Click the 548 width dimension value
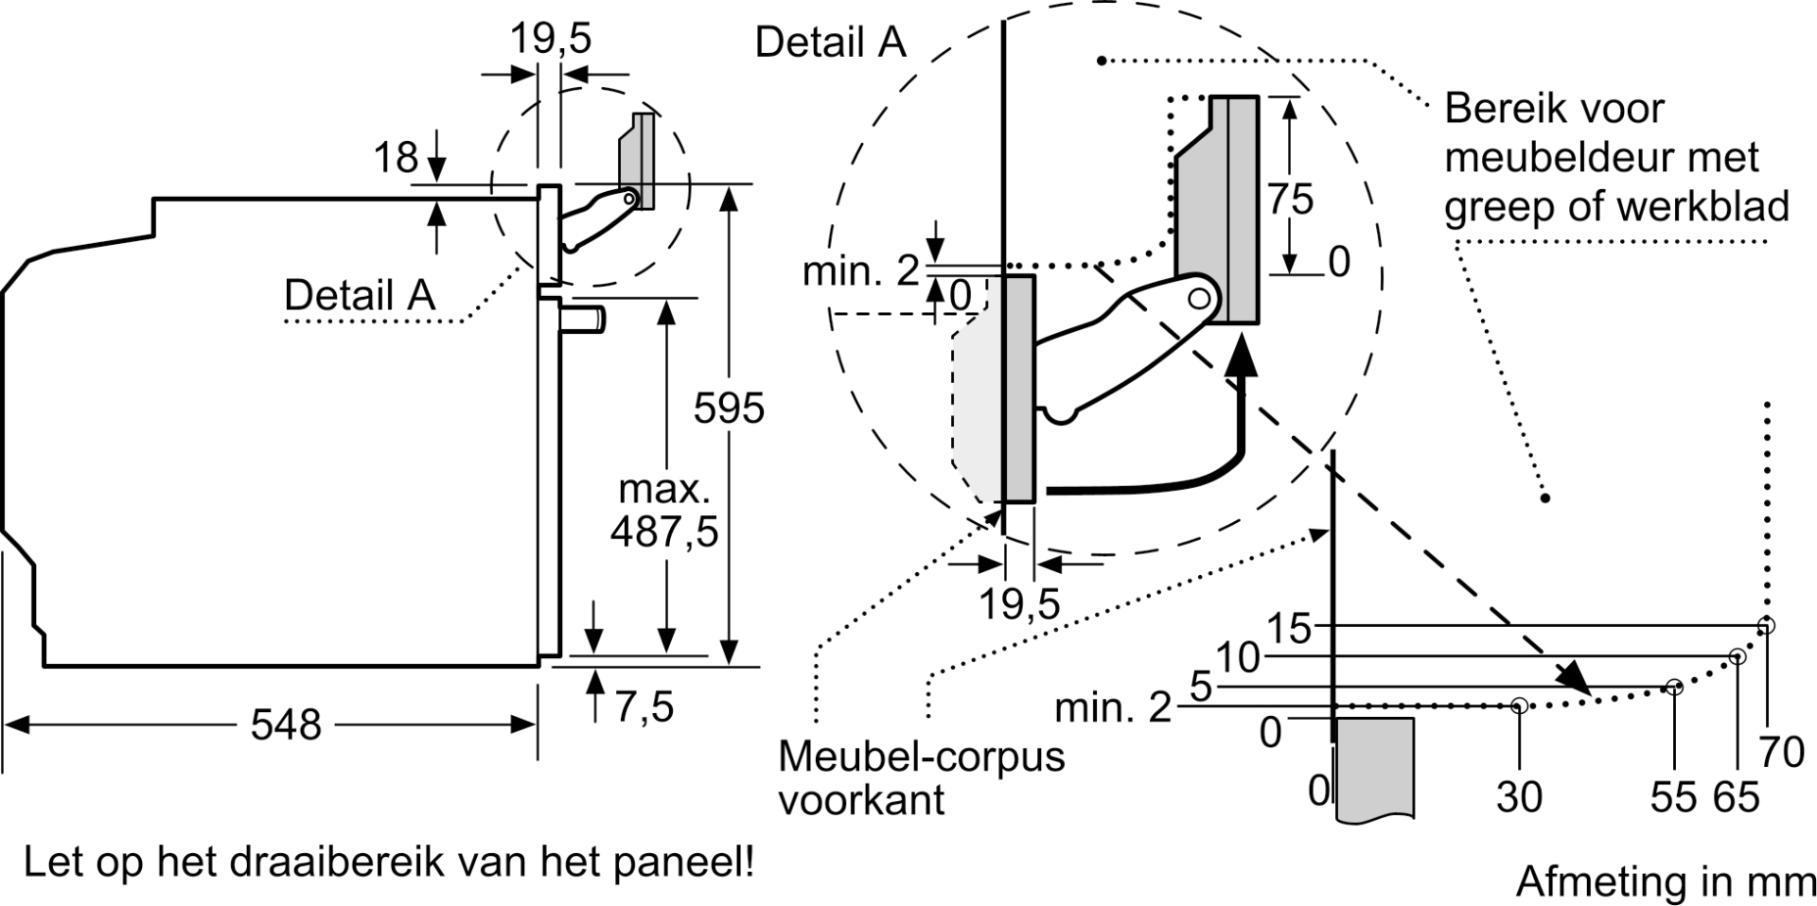click(286, 724)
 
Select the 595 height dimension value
click(729, 409)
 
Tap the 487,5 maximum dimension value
click(664, 533)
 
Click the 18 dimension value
click(396, 158)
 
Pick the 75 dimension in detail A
click(1291, 199)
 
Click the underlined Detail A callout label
click(360, 295)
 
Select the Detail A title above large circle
click(831, 43)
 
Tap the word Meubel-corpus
click(921, 757)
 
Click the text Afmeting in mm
click(1666, 881)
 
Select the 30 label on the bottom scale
click(1519, 797)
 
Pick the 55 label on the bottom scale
click(1673, 797)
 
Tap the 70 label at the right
click(1782, 753)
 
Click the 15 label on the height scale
click(1289, 628)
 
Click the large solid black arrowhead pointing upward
click(1244, 358)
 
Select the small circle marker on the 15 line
click(1766, 625)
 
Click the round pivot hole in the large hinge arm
click(1199, 299)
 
